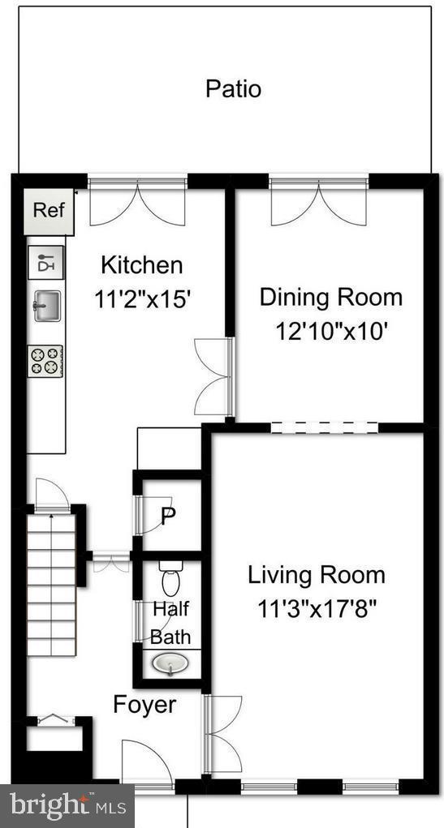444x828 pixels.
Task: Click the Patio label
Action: (x=233, y=88)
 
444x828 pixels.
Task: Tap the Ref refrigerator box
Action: (x=49, y=210)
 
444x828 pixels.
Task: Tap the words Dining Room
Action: (x=330, y=297)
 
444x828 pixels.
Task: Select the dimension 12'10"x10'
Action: (x=330, y=331)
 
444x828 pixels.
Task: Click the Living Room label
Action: (x=317, y=576)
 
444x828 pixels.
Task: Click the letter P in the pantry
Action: (x=168, y=517)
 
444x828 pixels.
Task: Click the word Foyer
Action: (x=144, y=705)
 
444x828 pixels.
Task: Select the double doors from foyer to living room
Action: (x=222, y=734)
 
